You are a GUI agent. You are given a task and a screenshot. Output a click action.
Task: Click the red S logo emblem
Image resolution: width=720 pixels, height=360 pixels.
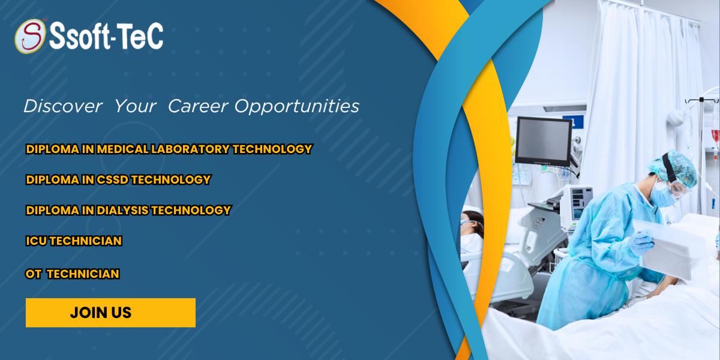30,36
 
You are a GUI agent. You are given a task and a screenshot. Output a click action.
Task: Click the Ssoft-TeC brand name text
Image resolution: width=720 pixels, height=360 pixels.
106,36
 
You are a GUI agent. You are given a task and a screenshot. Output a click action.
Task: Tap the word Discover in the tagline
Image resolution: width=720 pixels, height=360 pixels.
63,106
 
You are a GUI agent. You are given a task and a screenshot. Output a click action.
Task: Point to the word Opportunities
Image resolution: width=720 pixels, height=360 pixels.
296,107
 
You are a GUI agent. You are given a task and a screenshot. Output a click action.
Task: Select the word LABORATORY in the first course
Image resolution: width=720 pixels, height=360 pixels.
190,149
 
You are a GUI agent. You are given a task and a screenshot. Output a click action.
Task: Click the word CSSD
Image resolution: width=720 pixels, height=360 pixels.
113,179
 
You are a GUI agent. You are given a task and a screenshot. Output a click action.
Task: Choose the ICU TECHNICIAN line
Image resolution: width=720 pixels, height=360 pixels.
74,241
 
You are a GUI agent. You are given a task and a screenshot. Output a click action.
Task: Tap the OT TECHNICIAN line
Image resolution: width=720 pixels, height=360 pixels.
73,274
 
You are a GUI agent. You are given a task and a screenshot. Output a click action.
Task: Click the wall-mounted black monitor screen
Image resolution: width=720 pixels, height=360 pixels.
543,142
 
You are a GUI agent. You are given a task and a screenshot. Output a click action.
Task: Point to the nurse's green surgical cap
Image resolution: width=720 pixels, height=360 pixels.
673,167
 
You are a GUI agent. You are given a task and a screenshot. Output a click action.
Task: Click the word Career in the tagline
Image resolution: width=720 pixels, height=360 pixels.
198,106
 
